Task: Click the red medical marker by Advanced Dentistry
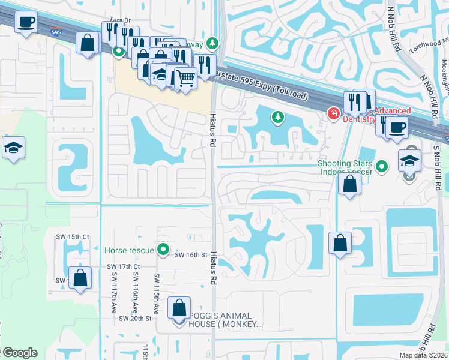[333, 113]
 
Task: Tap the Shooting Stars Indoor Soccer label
[346, 167]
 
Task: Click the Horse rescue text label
[130, 250]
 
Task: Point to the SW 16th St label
[191, 255]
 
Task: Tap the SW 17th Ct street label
[123, 266]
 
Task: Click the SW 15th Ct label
[78, 237]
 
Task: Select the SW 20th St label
[136, 318]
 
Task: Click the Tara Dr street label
[119, 20]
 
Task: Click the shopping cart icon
[186, 77]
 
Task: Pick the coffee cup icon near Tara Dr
[26, 23]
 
